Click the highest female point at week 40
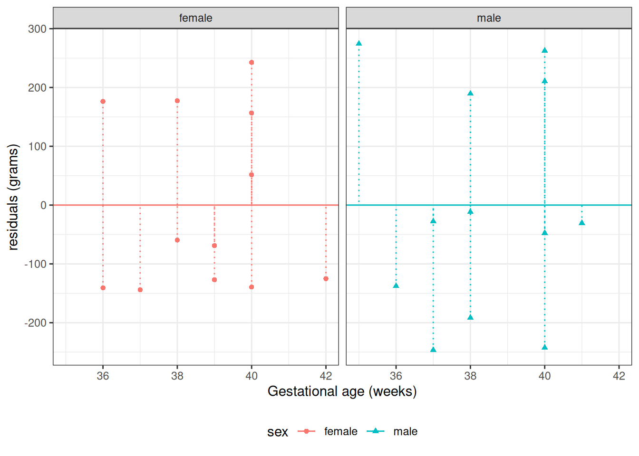(x=252, y=62)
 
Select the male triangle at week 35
(x=359, y=43)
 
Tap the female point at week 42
(x=326, y=279)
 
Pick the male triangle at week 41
(x=582, y=223)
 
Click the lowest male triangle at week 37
(x=433, y=350)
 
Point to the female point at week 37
(x=140, y=290)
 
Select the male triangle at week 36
(x=396, y=285)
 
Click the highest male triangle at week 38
(x=470, y=93)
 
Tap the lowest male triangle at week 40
(x=545, y=347)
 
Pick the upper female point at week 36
(x=103, y=101)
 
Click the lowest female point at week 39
(x=214, y=280)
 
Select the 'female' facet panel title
(x=195, y=18)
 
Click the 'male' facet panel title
(x=489, y=18)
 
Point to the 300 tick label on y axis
(x=37, y=29)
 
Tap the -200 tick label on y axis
(x=36, y=323)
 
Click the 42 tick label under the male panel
(x=619, y=376)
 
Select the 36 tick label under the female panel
(x=103, y=376)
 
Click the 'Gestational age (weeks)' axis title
(x=342, y=391)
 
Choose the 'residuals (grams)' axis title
(x=13, y=197)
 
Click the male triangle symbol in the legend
(x=376, y=431)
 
